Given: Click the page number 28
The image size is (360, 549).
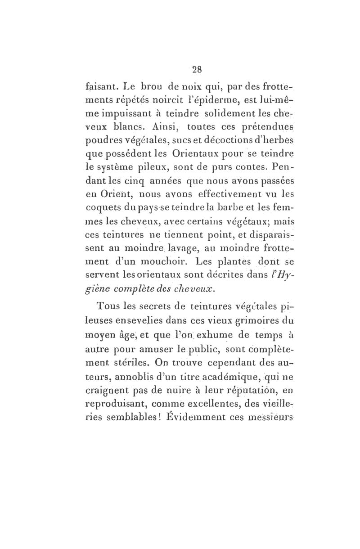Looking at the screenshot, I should pos(197,70).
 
